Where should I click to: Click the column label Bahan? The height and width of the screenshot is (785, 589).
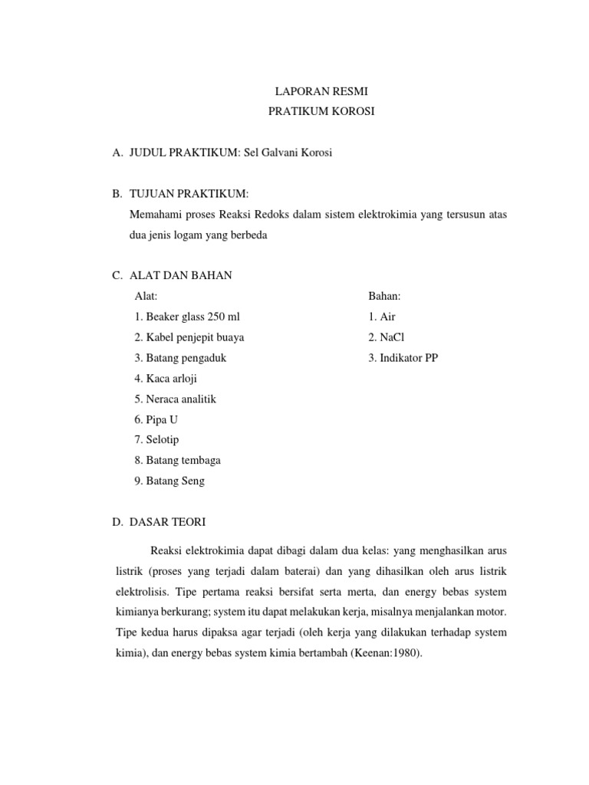pos(385,296)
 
